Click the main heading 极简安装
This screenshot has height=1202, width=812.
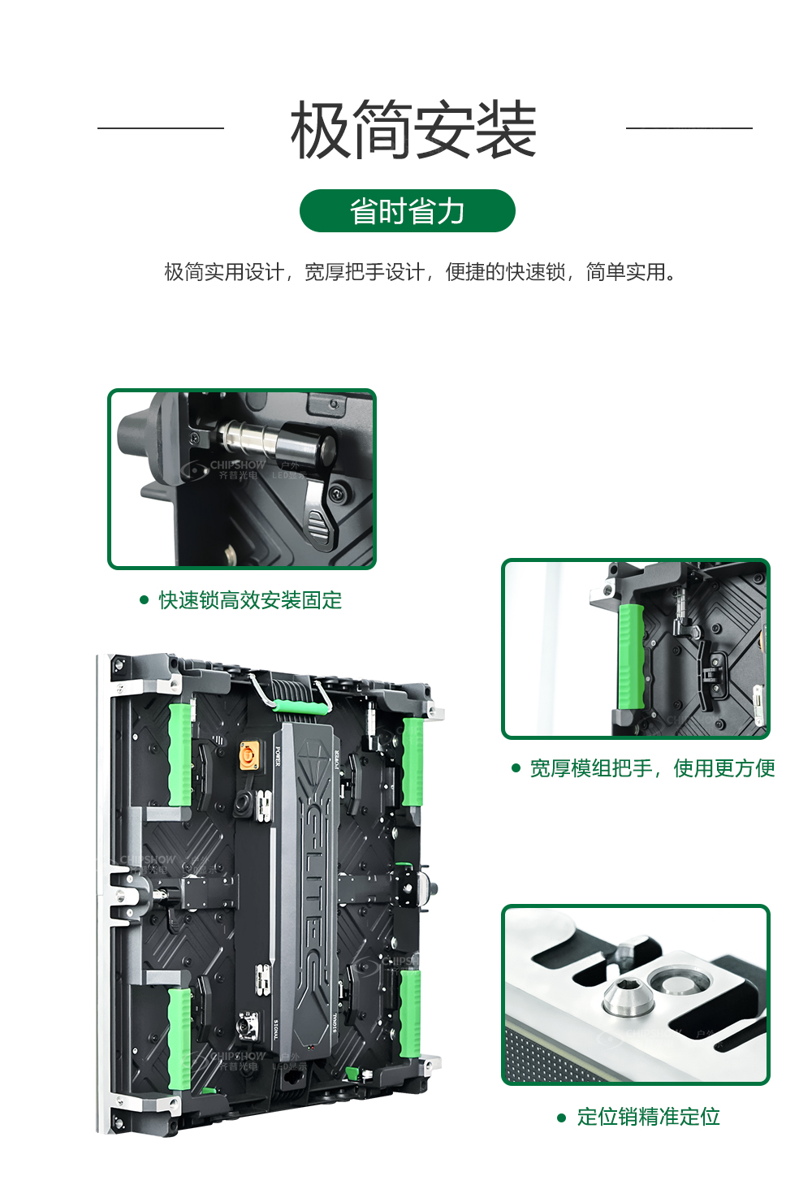click(413, 130)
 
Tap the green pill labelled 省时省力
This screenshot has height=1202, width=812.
click(407, 211)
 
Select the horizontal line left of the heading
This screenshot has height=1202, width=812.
click(160, 128)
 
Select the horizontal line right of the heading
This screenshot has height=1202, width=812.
click(689, 128)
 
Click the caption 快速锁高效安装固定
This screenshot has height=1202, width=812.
click(250, 600)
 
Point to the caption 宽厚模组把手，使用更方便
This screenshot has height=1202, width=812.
click(652, 768)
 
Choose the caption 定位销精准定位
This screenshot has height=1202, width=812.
click(648, 1117)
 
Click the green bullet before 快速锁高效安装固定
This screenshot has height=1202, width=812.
click(145, 600)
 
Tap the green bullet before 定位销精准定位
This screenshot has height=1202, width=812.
click(561, 1118)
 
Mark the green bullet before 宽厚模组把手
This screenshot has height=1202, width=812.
click(516, 768)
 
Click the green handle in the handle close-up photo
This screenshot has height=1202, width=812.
click(630, 655)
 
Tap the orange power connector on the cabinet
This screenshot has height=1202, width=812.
click(248, 756)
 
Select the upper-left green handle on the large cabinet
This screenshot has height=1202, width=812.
click(179, 754)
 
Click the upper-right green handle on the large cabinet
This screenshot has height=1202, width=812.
click(412, 760)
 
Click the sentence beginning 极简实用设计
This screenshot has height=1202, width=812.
click(420, 272)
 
